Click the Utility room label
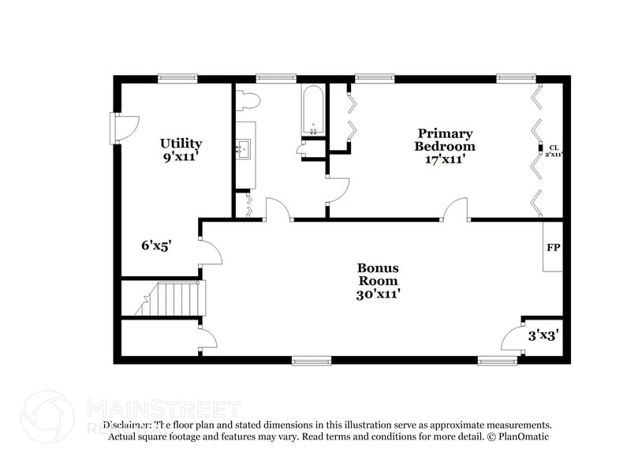click(181, 144)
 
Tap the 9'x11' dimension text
click(181, 156)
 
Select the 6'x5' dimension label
click(156, 245)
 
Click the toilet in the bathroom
click(248, 100)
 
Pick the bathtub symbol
click(313, 111)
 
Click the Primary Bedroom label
click(446, 140)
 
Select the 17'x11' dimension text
click(446, 159)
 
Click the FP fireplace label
click(554, 247)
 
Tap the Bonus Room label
click(378, 274)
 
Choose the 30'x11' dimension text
click(378, 294)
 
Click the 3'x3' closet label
click(543, 335)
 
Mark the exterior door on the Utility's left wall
click(125, 126)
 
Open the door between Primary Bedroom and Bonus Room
click(455, 210)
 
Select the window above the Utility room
click(177, 78)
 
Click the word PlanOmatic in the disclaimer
click(520, 436)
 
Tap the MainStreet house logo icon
click(47, 417)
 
